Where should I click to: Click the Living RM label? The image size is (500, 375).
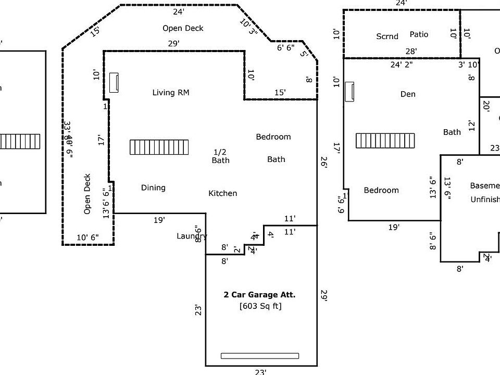click(171, 93)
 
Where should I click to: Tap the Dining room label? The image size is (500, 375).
click(153, 187)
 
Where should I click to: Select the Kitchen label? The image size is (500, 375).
click(223, 193)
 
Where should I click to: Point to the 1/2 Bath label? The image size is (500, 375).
click(220, 156)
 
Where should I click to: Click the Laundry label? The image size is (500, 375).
click(192, 236)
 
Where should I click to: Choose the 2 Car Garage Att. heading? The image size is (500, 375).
click(259, 294)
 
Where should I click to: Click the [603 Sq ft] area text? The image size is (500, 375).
click(260, 306)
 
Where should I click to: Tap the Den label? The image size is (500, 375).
click(408, 94)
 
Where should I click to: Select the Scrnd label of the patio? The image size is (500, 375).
click(387, 36)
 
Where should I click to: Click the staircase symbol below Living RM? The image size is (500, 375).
click(159, 147)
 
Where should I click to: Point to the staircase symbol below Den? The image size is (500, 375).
click(385, 141)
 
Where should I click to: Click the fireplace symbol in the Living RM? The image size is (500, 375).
click(114, 82)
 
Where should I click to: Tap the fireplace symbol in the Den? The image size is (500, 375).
click(349, 92)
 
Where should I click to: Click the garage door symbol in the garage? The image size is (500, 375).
click(260, 356)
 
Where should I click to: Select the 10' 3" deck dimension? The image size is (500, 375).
click(249, 27)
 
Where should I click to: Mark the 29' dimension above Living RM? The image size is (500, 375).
click(174, 44)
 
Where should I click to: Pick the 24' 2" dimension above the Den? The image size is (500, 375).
click(402, 65)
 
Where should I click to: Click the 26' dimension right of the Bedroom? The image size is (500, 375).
click(323, 162)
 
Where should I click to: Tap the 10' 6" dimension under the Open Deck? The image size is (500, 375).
click(88, 238)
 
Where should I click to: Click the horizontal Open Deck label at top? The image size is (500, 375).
click(183, 28)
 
